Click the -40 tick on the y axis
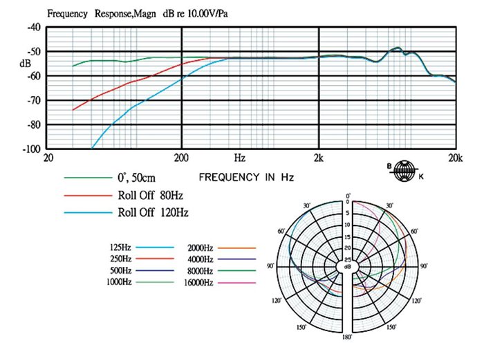pos(33,28)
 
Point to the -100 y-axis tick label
pos(31,149)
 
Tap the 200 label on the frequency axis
pos(181,158)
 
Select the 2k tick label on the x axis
pos(318,158)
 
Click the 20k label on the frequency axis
pos(454,158)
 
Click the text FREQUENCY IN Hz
pos(246,178)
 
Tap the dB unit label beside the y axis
pos(26,64)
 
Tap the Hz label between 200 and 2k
pos(240,158)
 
